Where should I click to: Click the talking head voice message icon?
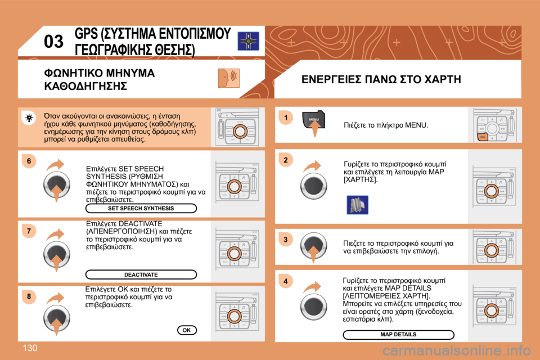(x=228, y=78)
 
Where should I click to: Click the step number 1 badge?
(x=285, y=118)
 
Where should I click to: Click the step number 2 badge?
(x=285, y=160)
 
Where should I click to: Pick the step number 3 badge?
(x=285, y=240)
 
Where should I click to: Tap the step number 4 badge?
(x=285, y=281)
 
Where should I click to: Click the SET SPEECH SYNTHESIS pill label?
(x=141, y=208)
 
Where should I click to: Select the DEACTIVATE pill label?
(x=141, y=274)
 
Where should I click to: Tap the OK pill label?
(x=186, y=330)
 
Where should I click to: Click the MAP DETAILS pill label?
(x=398, y=335)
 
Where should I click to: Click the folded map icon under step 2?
(x=357, y=204)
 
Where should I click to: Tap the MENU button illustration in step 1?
(x=314, y=123)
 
